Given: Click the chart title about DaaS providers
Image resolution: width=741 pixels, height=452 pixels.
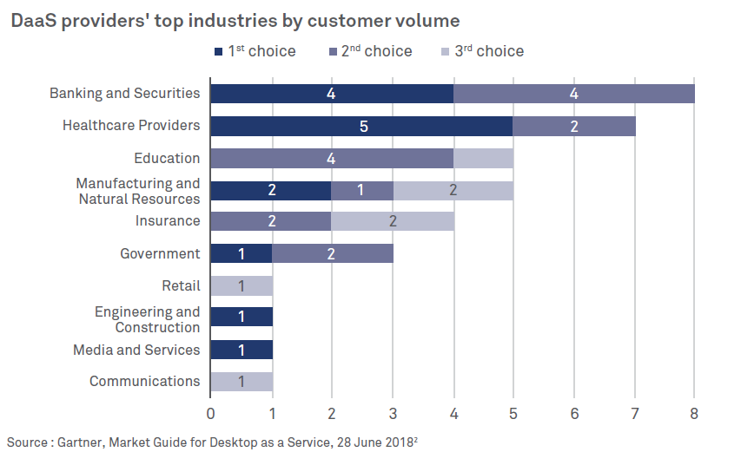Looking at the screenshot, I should (235, 19).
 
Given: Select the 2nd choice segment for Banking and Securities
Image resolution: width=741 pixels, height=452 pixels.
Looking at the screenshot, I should (573, 94).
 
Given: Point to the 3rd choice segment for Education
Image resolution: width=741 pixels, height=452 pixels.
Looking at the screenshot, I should (482, 158).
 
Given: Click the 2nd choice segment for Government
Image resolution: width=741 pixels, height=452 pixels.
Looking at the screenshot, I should (332, 253).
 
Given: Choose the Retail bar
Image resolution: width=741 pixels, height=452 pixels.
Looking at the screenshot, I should (241, 285).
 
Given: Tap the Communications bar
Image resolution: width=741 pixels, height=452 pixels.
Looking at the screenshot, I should (241, 381).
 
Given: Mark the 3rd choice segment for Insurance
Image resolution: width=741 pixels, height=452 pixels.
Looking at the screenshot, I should (393, 221).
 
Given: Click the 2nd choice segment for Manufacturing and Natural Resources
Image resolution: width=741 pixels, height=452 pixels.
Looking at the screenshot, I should (362, 190).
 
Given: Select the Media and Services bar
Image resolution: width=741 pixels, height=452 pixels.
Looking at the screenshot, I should (241, 350).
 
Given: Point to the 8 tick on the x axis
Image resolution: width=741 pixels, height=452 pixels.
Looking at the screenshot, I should (694, 414).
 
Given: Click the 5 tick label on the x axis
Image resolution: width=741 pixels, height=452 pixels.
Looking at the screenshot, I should (513, 414).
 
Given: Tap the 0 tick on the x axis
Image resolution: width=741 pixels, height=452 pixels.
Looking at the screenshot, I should (210, 414).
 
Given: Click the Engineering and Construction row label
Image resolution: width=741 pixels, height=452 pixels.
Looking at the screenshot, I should (147, 319).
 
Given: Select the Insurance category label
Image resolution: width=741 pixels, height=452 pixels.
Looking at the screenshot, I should (167, 221).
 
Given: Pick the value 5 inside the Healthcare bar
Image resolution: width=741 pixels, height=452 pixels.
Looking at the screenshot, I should (362, 126).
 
